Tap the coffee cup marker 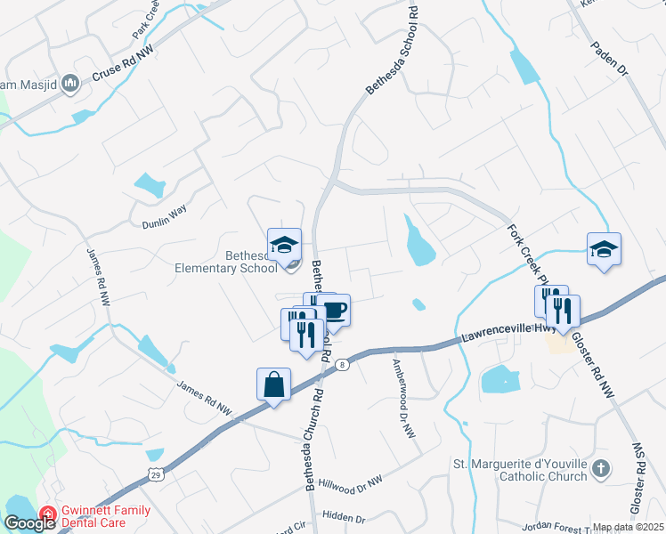[334, 311]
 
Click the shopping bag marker [274, 384]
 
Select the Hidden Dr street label [345, 518]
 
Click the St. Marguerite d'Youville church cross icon [602, 468]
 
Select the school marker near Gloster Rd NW [604, 249]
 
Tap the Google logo [29, 523]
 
